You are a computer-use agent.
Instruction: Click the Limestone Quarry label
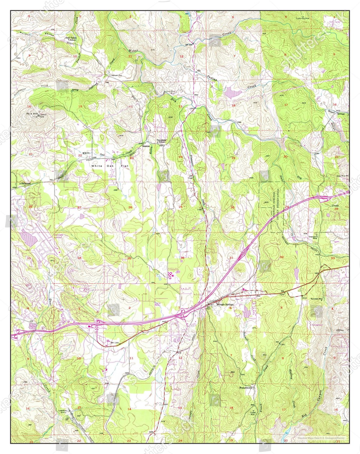pyautogui.click(x=64, y=411)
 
